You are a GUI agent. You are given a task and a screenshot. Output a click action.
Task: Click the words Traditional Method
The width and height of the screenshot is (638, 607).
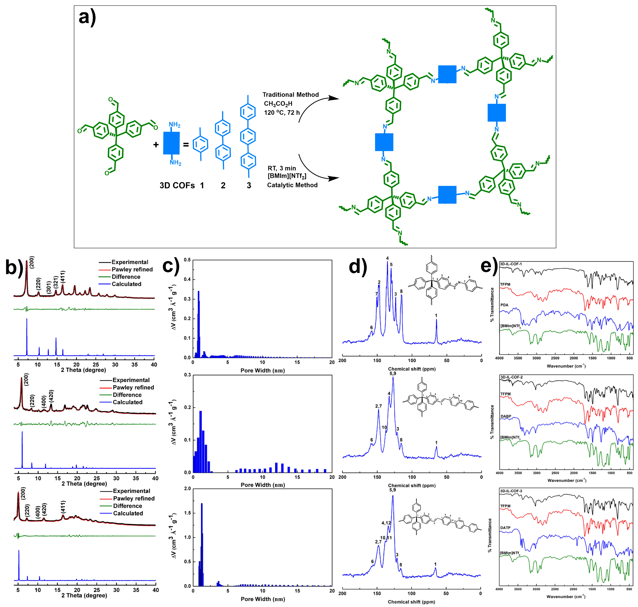[x=290, y=94]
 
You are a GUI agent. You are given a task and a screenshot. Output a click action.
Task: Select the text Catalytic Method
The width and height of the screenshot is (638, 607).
[x=292, y=185]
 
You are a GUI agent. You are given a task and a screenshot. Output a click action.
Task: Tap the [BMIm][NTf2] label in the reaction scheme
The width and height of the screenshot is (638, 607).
[x=287, y=176]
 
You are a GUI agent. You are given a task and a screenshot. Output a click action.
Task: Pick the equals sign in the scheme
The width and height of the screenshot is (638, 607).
[x=186, y=144]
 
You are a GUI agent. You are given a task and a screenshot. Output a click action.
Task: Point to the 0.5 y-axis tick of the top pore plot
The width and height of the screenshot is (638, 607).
[x=187, y=260]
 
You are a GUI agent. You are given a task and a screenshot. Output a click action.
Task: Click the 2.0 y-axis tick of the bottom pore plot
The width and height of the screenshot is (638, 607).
[x=187, y=489]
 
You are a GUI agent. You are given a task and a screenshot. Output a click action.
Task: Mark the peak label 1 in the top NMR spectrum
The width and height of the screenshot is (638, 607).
[x=436, y=315]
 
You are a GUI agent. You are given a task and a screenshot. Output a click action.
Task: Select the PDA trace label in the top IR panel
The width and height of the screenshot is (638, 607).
[x=504, y=305]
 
